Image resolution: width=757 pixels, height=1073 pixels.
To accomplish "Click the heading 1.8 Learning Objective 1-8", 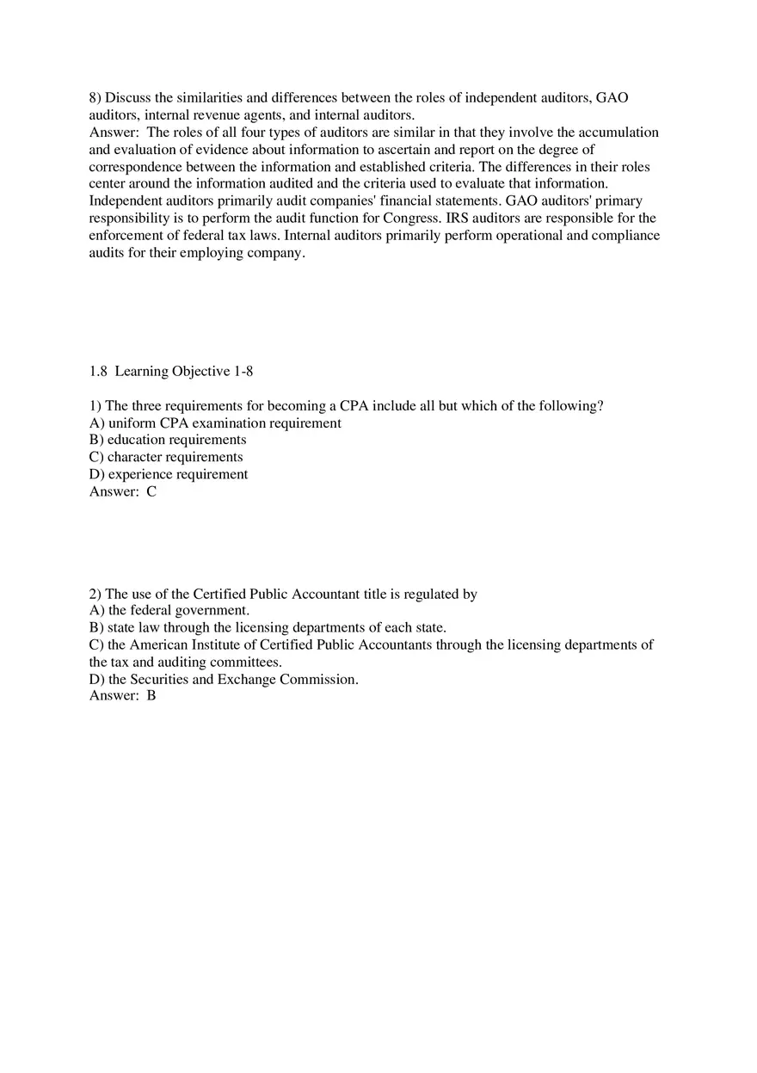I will point(171,372).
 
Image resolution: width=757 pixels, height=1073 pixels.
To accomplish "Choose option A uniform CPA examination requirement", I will point(215,423).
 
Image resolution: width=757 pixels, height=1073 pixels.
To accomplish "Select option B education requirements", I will point(168,441).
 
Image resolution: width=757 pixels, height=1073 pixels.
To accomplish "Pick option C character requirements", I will point(166,458).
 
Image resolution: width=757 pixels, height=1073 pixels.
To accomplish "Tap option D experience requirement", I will point(169,475).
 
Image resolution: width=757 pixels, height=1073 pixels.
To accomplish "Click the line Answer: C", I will point(123,492).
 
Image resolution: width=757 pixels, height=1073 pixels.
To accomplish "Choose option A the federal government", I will point(169,611).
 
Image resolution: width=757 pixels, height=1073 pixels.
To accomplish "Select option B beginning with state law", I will point(268,628).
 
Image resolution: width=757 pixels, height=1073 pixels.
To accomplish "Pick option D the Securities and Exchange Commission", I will point(224,680).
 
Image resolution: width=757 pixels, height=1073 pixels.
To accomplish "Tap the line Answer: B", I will point(123,696).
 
